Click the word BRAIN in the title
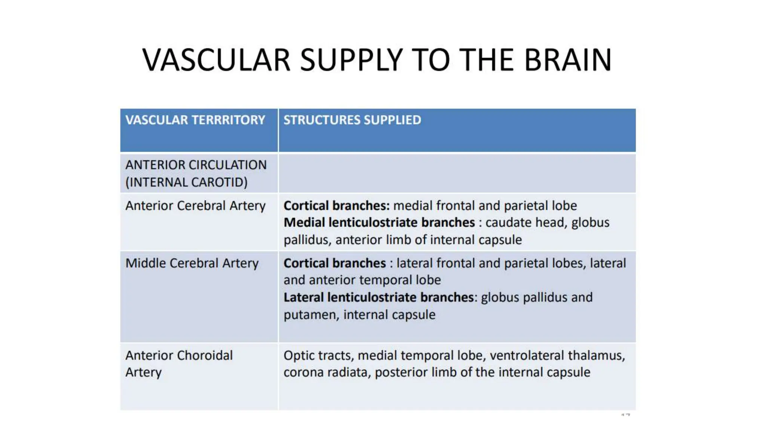(567, 60)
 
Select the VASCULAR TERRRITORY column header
(195, 120)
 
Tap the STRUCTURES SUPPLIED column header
(352, 120)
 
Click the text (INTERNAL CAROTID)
(186, 182)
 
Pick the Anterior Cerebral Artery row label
(195, 206)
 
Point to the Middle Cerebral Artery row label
(192, 263)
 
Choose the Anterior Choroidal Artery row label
(179, 363)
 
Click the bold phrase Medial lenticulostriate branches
(379, 223)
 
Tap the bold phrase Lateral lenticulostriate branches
(379, 297)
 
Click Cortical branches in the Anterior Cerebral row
(336, 206)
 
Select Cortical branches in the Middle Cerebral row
(334, 263)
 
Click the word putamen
(311, 315)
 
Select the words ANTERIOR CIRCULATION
(196, 165)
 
